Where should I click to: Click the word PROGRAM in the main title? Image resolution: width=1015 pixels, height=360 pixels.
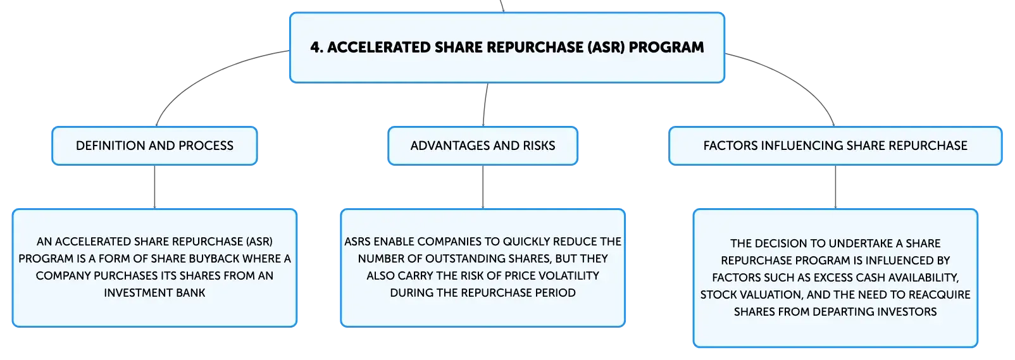coord(666,47)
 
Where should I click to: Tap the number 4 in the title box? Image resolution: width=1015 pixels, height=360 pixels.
coord(314,47)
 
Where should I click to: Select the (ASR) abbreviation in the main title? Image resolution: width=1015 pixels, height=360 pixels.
coord(606,47)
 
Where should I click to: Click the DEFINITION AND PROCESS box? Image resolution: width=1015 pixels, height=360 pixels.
coord(154,146)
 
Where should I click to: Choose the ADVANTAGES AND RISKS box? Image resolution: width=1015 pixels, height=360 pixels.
coord(483,146)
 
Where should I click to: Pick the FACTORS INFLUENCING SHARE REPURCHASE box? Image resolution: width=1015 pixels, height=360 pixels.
coord(835,146)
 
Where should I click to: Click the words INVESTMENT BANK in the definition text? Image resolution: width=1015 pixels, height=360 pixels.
coord(154,293)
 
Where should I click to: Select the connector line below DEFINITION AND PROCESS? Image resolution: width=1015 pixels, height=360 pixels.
coord(154,187)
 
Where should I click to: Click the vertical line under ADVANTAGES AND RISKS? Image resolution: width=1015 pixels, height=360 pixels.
coord(483,187)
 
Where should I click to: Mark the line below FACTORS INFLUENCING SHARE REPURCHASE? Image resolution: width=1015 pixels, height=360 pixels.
coord(835,187)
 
